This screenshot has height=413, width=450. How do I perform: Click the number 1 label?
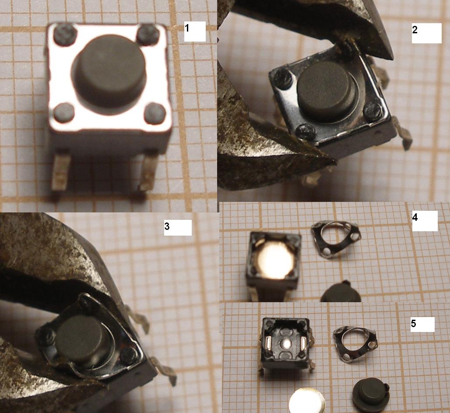[x=187, y=28]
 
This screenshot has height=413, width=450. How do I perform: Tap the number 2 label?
[x=415, y=30]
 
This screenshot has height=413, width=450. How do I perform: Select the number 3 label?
[x=167, y=226]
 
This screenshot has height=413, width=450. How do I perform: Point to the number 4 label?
[x=415, y=217]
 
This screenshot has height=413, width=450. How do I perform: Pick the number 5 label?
[x=413, y=324]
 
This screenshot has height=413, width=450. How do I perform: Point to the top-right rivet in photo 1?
[x=148, y=35]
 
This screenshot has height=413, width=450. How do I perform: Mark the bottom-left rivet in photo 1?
[x=64, y=113]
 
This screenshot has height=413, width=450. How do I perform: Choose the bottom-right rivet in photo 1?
[x=155, y=113]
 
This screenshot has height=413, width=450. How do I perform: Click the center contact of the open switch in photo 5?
[x=286, y=343]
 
